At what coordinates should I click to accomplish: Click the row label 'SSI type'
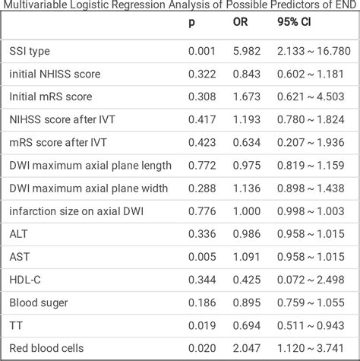coord(31,52)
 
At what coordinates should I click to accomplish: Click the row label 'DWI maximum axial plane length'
coord(90,166)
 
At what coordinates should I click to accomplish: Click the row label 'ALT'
coord(19,234)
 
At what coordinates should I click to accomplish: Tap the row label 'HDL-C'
coord(25,280)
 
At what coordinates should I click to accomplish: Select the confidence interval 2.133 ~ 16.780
coord(313,52)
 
